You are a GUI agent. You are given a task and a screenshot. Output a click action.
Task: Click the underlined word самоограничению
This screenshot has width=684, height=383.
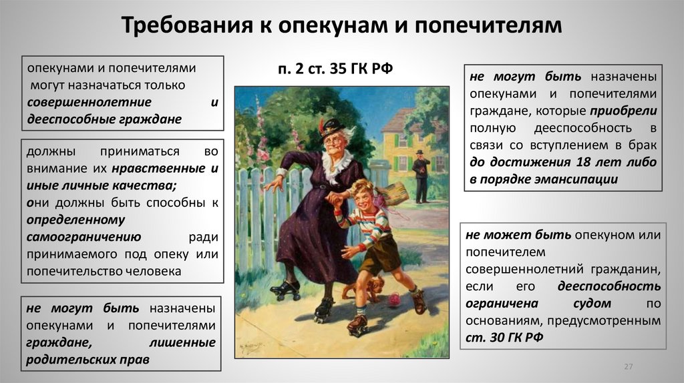[x=83, y=237]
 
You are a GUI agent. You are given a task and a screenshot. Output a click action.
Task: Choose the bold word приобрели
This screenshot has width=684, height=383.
[x=623, y=111]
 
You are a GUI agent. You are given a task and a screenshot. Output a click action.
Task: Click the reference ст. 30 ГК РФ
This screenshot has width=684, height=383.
[x=504, y=338]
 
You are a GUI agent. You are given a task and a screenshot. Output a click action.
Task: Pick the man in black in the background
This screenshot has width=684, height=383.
[x=421, y=175]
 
